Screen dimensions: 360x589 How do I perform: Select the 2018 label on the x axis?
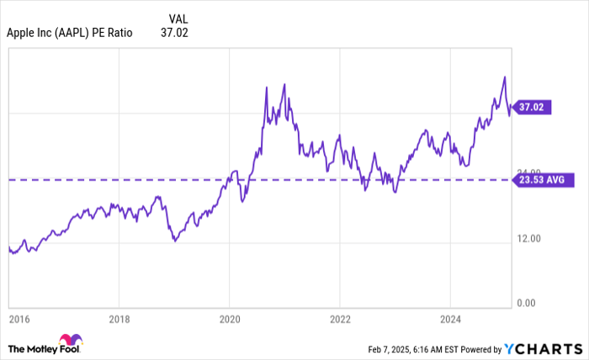click(119, 319)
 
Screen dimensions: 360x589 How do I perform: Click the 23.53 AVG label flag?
click(544, 179)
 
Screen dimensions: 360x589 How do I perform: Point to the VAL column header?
click(178, 19)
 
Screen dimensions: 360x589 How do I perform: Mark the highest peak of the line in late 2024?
click(504, 77)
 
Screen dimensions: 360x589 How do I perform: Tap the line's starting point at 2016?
click(9, 247)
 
